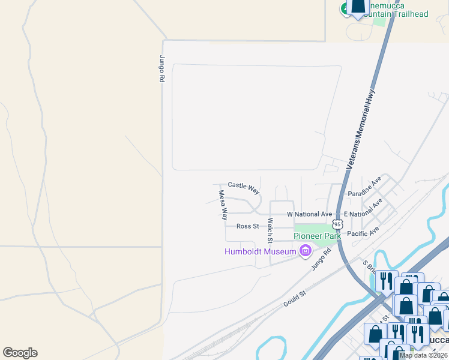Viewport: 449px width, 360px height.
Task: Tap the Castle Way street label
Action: click(x=244, y=188)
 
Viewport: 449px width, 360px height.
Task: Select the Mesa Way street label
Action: click(x=223, y=205)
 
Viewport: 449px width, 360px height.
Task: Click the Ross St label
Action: click(x=247, y=226)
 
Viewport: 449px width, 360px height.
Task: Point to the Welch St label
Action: click(x=270, y=230)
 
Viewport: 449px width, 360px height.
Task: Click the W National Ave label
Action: click(x=309, y=214)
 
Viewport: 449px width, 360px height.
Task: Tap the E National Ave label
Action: click(x=363, y=211)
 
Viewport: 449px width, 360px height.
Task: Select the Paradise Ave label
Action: click(x=365, y=187)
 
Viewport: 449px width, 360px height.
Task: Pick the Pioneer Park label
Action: click(x=317, y=236)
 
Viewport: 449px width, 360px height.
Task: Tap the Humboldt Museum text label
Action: click(x=260, y=251)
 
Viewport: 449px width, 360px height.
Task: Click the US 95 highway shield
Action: click(x=338, y=224)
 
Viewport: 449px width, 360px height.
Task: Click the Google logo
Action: click(x=20, y=353)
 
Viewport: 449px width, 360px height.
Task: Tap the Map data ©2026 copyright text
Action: click(x=423, y=355)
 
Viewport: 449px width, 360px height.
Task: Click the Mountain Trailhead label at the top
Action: click(x=396, y=13)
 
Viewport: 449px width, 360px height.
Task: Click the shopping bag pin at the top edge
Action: click(x=358, y=7)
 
